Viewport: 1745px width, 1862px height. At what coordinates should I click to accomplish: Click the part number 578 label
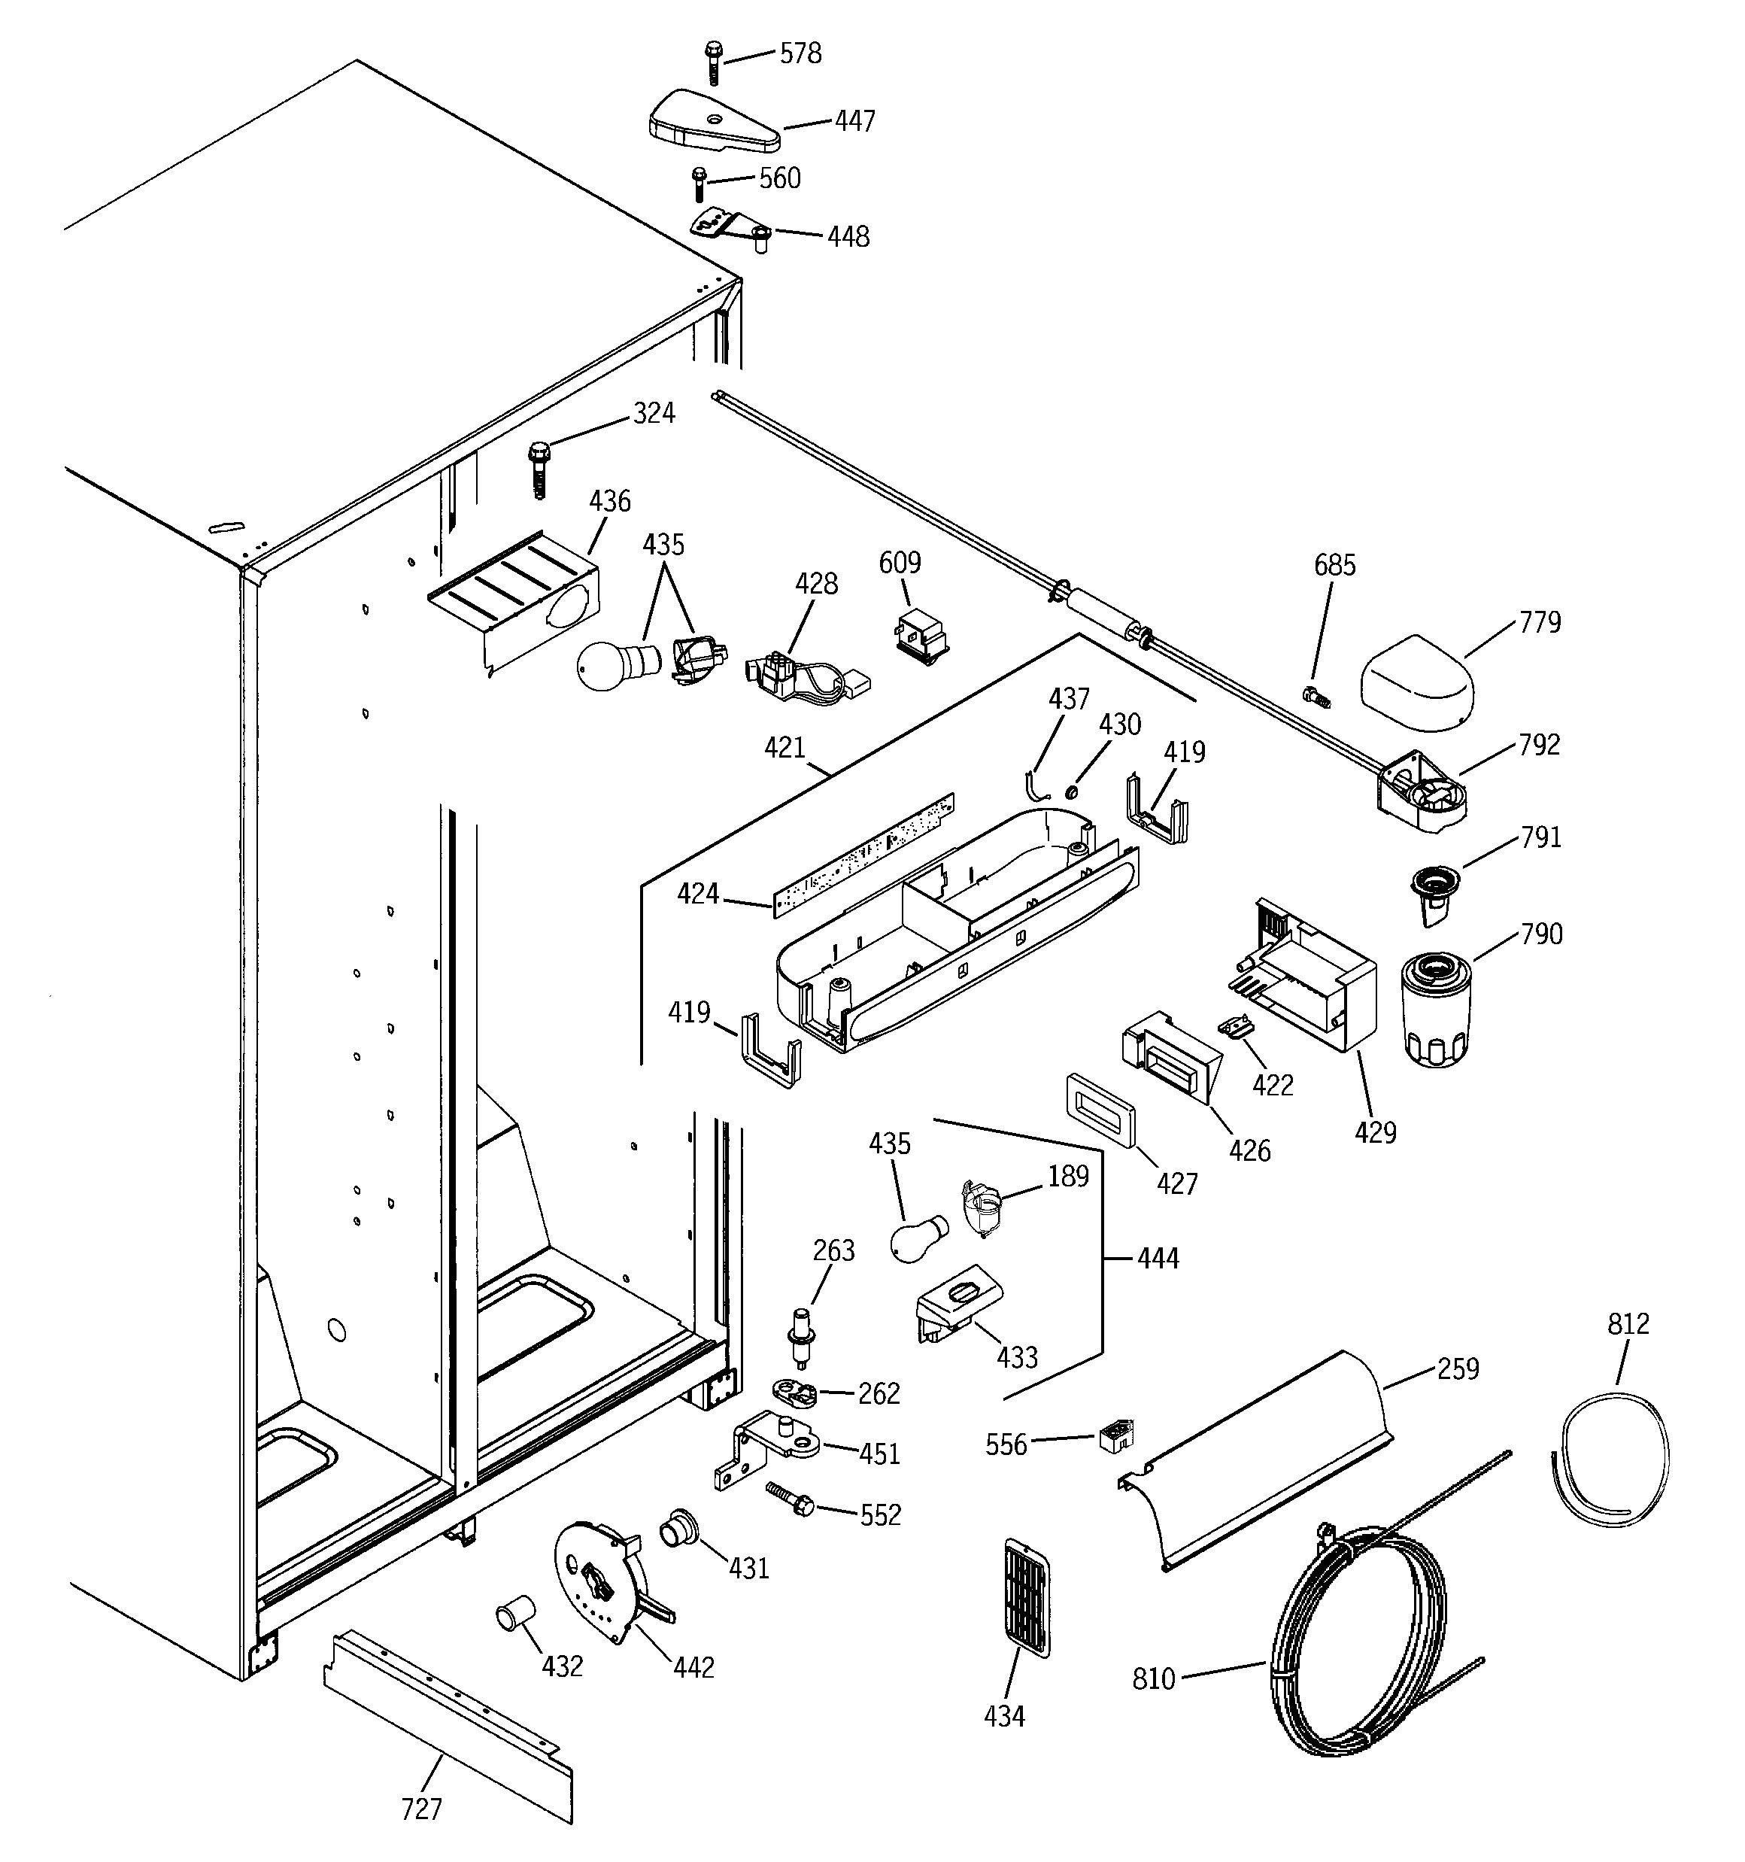click(x=801, y=54)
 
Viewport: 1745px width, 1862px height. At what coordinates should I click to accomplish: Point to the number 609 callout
click(x=899, y=563)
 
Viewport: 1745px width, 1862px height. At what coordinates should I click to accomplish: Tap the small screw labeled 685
click(x=1316, y=695)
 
